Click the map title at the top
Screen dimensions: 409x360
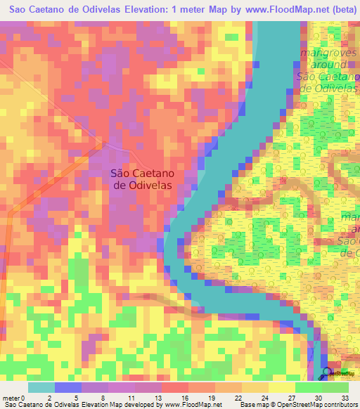[x=179, y=9]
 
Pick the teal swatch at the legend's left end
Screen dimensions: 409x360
[x=41, y=387]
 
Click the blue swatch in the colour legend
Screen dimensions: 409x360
[x=68, y=387]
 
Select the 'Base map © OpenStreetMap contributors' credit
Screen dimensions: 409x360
[x=297, y=404]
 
